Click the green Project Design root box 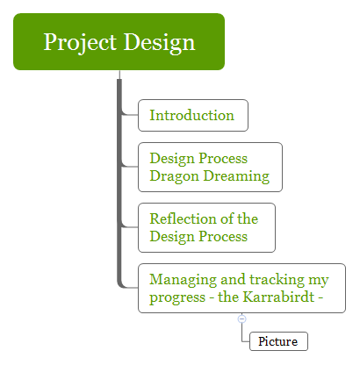pos(119,42)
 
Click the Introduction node pos(192,115)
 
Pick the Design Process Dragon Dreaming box pos(210,167)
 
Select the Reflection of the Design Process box pos(206,227)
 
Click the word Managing pos(182,280)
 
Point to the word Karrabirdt pos(280,297)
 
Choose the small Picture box pos(278,341)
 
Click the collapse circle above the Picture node pos(242,318)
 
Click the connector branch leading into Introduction pos(130,114)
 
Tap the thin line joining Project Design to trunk pos(119,74)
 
